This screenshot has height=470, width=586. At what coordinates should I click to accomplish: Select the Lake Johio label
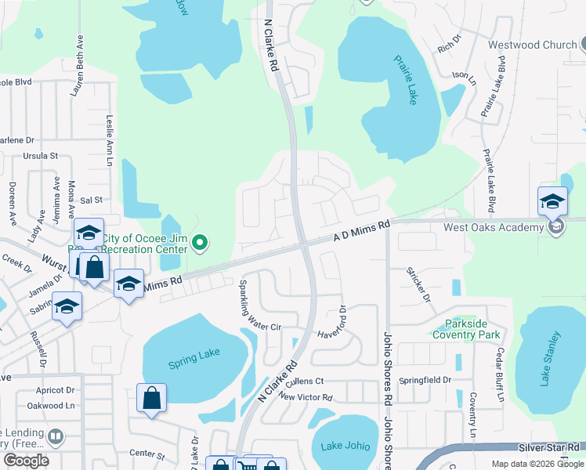[x=345, y=446]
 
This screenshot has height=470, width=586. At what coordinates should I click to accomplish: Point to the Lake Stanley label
[x=551, y=360]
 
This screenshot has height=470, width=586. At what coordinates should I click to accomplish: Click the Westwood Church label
[x=532, y=45]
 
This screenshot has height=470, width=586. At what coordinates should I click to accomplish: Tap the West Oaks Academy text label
[x=494, y=227]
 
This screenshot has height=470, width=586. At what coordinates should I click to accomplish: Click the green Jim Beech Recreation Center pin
[x=200, y=244]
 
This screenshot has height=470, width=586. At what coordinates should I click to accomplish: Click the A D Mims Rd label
[x=361, y=231]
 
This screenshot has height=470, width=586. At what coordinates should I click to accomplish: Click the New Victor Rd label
[x=306, y=397]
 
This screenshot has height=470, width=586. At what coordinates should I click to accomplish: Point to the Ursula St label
[x=42, y=156]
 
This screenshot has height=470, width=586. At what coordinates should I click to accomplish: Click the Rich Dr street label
[x=447, y=48]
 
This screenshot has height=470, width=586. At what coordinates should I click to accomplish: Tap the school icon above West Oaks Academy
[x=552, y=201]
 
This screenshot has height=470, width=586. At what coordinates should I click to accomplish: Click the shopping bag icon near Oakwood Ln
[x=151, y=398]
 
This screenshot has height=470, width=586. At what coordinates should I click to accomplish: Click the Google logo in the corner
[x=26, y=461]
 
